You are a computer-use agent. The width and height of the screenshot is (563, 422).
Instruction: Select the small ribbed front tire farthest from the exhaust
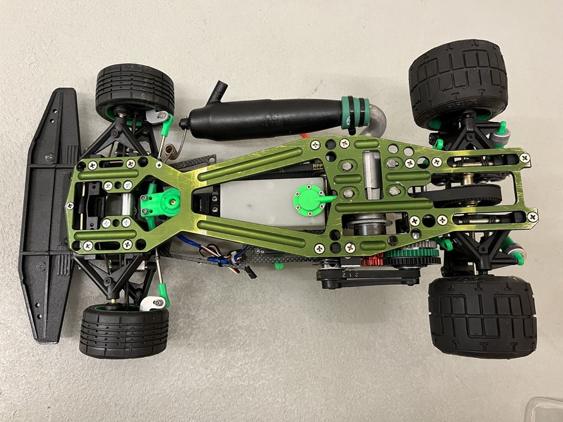point(124,332)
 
